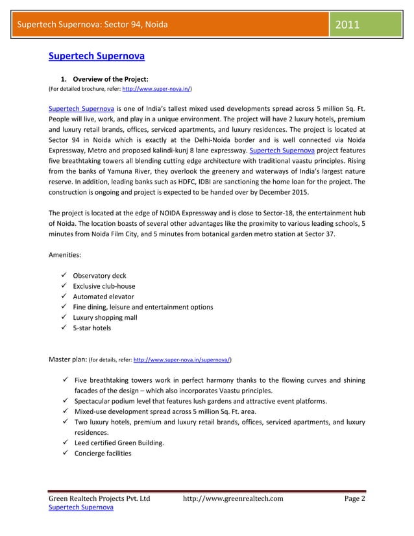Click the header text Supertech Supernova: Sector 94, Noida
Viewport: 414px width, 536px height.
(x=92, y=25)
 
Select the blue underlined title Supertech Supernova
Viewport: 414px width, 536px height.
(x=97, y=56)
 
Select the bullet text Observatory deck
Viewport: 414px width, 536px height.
(x=99, y=275)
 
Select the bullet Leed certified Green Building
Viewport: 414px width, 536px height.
(x=119, y=443)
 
